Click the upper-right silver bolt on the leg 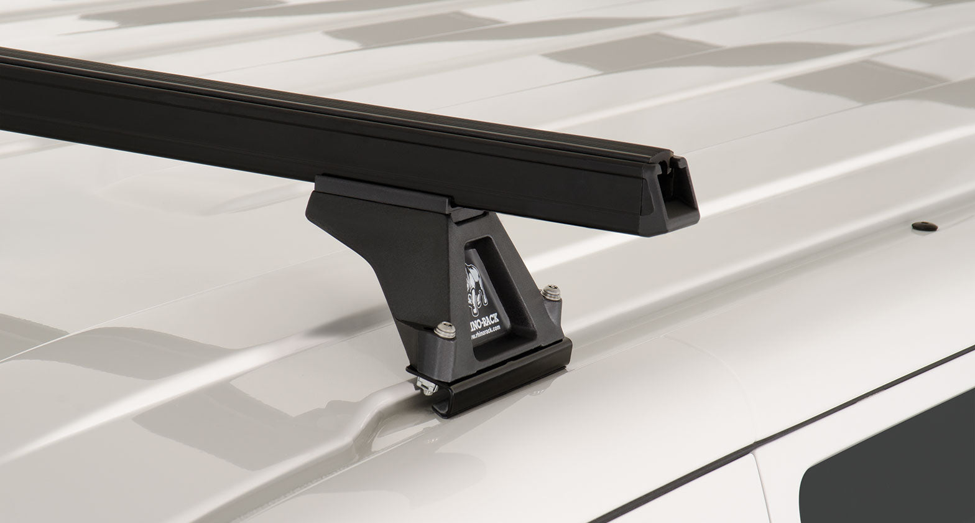[550, 292]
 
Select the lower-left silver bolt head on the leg [444, 331]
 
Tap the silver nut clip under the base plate [427, 386]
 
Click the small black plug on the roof [925, 226]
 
